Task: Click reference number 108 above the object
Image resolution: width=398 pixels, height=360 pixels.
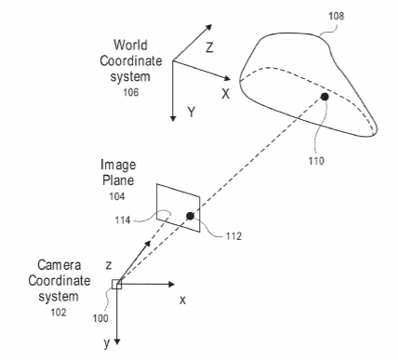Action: [336, 16]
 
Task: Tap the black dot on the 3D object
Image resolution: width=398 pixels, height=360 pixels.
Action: [325, 97]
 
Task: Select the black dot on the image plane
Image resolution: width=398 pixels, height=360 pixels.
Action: [190, 216]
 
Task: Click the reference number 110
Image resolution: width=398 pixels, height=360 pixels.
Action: [316, 161]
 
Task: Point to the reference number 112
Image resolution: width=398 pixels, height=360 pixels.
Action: [233, 236]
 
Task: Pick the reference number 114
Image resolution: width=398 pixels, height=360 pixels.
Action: [123, 220]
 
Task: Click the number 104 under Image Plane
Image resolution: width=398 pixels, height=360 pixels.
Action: [117, 196]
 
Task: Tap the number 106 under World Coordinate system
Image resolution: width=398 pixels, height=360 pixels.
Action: [131, 92]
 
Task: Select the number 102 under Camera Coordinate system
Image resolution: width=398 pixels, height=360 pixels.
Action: [59, 312]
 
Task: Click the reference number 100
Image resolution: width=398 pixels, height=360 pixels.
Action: [100, 318]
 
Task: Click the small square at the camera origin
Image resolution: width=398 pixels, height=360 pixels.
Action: [117, 285]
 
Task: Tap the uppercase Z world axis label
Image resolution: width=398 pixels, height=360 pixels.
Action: [209, 47]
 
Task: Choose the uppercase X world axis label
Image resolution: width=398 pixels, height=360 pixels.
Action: [226, 93]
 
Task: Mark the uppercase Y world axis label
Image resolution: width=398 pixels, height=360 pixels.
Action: [192, 112]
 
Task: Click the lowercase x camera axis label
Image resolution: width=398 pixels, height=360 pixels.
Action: [183, 300]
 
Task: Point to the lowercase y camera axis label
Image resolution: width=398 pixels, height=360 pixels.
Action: [107, 343]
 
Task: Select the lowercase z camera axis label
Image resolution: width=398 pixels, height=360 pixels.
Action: [109, 265]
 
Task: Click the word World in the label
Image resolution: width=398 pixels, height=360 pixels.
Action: [130, 45]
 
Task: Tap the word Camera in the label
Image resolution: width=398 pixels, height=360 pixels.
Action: [60, 265]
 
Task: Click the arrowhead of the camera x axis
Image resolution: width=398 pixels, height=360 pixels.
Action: [171, 284]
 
